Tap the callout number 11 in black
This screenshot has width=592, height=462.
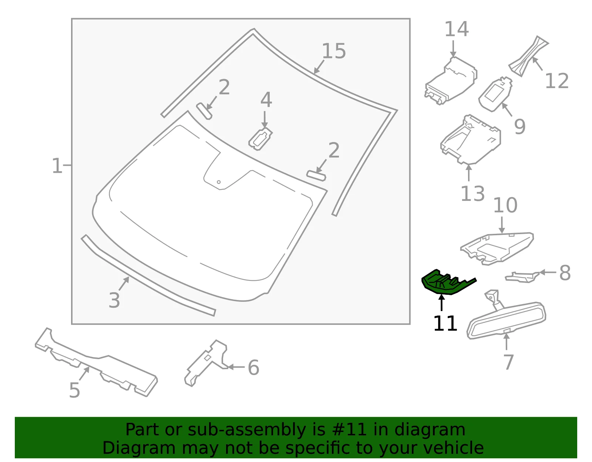[445, 323]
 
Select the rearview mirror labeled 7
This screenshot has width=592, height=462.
[506, 317]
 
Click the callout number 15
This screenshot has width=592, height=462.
[334, 51]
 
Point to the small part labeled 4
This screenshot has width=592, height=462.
[260, 139]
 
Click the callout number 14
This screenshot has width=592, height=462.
[457, 29]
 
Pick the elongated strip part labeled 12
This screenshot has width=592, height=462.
[528, 56]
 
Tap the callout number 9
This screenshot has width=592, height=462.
[519, 127]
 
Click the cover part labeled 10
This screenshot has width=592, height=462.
[497, 249]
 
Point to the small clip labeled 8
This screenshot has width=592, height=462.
[522, 277]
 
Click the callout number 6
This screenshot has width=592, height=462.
[253, 368]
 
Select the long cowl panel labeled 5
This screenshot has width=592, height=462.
[96, 362]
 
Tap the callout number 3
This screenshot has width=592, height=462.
[114, 300]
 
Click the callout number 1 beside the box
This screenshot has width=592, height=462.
[57, 165]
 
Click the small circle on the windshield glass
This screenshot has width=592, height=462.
[219, 182]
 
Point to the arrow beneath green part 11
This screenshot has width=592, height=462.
[442, 303]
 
